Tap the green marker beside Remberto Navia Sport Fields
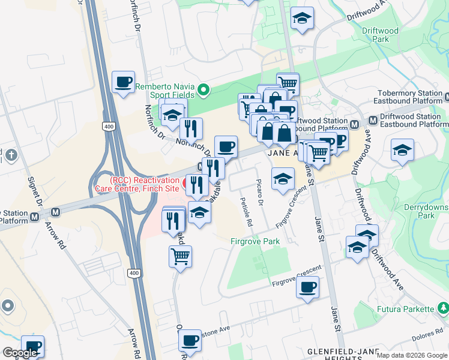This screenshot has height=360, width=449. pyautogui.click(x=203, y=91)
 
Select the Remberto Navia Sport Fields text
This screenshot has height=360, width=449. pyautogui.click(x=165, y=91)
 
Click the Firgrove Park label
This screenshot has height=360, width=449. pyautogui.click(x=255, y=241)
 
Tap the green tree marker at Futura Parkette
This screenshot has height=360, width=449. pyautogui.click(x=443, y=308)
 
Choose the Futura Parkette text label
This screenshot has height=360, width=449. pyautogui.click(x=405, y=309)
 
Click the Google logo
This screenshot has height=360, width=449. pyautogui.click(x=20, y=353)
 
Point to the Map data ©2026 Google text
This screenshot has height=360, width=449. pyautogui.click(x=412, y=355)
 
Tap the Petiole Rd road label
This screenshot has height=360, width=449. pyautogui.click(x=246, y=212)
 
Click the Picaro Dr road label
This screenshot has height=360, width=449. pyautogui.click(x=260, y=192)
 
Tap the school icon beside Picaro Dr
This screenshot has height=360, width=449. pyautogui.click(x=283, y=178)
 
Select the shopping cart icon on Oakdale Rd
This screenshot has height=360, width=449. pyautogui.click(x=180, y=257)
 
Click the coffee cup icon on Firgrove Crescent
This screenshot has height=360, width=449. pyautogui.click(x=307, y=287)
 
